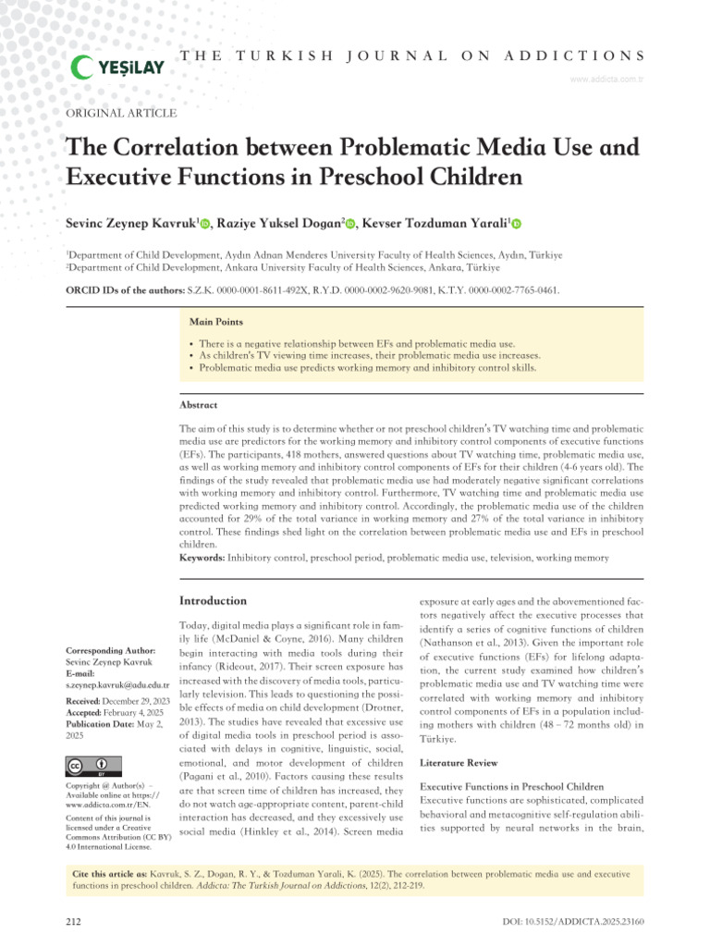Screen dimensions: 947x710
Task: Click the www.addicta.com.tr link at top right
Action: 606,80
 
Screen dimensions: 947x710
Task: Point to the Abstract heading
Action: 199,405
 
